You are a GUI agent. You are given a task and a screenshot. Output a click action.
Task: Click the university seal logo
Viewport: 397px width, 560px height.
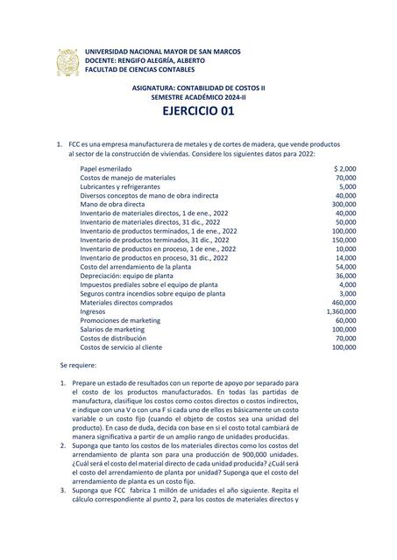[68, 63]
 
